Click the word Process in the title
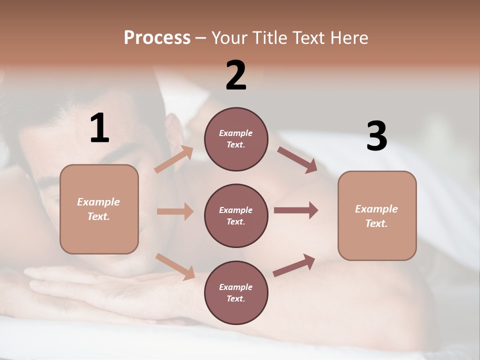(157, 37)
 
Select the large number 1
(99, 128)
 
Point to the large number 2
(236, 75)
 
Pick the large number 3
(376, 136)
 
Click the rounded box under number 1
(99, 209)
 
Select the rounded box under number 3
(377, 216)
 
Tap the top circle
(236, 139)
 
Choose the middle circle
(236, 215)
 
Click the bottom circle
(236, 292)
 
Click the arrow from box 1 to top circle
(174, 159)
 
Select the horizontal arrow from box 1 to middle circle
(175, 211)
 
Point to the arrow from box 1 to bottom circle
(175, 266)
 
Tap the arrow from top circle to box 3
(297, 159)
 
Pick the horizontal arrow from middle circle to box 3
(296, 210)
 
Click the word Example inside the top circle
(236, 133)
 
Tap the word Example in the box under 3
(376, 209)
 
